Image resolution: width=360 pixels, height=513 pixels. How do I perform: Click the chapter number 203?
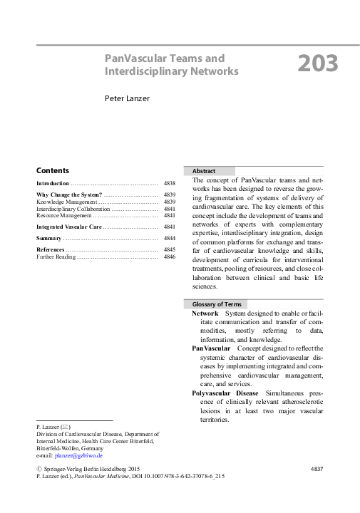317,65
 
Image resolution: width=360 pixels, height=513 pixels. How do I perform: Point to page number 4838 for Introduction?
169,183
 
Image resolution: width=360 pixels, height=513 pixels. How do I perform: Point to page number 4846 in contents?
169,256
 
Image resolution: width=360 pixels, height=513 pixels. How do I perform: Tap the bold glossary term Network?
205,313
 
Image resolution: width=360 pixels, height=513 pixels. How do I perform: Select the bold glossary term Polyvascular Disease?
225,393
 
